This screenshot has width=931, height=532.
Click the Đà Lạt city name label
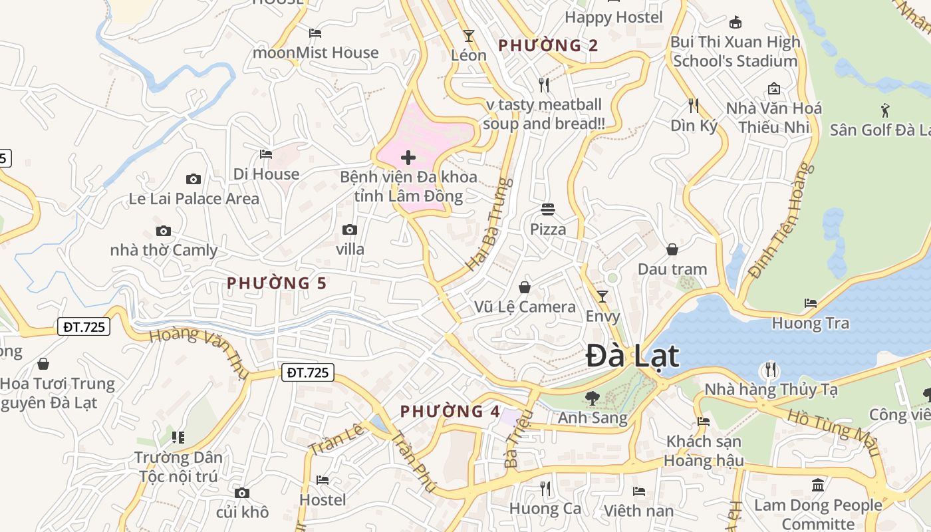[632, 356]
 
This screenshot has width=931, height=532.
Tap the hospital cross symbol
[408, 158]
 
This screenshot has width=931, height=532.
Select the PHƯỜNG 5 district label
[277, 283]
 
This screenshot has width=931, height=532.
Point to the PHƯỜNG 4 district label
[450, 412]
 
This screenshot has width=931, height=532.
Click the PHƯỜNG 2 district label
[548, 46]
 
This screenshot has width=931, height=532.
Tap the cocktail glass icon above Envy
[602, 297]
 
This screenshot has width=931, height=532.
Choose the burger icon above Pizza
[548, 209]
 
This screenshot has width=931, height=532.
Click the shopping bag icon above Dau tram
[672, 249]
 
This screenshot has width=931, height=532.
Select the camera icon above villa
[350, 230]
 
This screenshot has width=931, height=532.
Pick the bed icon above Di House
[266, 154]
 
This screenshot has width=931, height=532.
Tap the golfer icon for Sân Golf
[885, 110]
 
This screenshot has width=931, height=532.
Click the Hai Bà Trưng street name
[489, 224]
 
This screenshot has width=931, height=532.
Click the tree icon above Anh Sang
[592, 398]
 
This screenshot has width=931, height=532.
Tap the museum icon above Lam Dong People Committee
[818, 485]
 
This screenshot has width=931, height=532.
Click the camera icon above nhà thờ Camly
[164, 231]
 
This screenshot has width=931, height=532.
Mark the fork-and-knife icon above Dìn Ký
[694, 105]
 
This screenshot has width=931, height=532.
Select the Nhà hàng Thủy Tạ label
[771, 389]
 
